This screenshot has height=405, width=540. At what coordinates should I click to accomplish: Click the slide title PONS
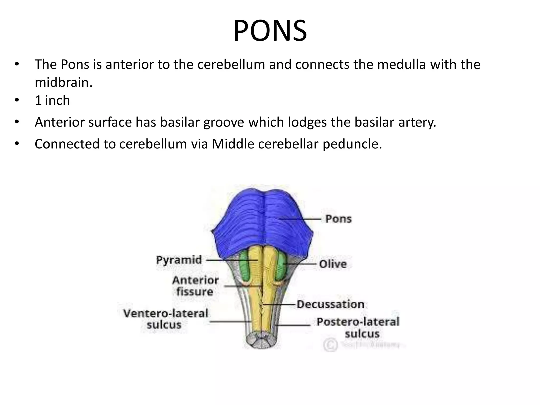click(270, 31)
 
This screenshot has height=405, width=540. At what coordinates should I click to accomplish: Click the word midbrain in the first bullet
click(64, 83)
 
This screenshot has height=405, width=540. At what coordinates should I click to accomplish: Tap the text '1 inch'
click(52, 100)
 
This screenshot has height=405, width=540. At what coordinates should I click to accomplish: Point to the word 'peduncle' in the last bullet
click(352, 144)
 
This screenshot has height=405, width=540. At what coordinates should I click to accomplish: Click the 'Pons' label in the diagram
click(338, 219)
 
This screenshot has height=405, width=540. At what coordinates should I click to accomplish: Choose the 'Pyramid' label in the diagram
click(179, 260)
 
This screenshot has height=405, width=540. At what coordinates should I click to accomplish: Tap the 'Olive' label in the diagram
click(333, 264)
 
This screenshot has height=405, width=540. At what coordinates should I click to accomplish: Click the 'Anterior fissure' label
click(195, 286)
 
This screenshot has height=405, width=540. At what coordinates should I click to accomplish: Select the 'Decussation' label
click(331, 304)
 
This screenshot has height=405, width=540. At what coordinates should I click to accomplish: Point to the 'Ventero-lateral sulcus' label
click(166, 319)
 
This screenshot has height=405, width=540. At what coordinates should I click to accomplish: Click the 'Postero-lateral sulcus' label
click(358, 327)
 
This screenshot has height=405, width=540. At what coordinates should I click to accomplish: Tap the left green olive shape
click(245, 266)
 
